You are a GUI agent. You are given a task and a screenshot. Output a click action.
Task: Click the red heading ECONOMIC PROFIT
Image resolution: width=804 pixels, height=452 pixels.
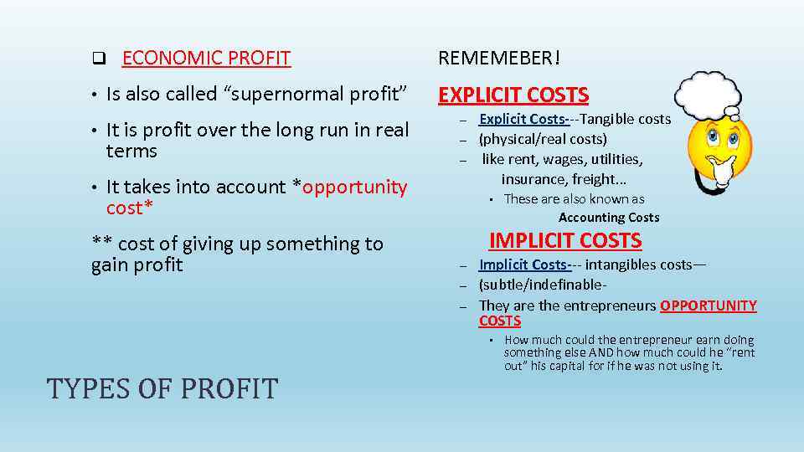(206, 59)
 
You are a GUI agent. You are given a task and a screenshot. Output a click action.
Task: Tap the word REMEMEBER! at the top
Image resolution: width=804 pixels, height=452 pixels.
(500, 59)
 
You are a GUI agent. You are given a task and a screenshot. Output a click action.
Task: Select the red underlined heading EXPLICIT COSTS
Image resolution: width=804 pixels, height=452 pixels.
(513, 95)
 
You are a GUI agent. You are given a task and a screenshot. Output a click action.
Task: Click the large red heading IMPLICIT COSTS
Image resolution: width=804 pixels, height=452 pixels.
(565, 241)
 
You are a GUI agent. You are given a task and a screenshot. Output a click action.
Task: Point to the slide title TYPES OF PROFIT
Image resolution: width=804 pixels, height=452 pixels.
(162, 388)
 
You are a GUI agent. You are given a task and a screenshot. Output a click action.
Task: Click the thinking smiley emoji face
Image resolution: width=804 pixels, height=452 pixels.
(718, 153)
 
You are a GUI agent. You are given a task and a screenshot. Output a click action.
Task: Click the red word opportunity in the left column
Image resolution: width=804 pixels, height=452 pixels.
(354, 187)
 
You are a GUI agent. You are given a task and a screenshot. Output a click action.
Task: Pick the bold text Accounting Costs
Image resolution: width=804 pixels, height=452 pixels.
(609, 218)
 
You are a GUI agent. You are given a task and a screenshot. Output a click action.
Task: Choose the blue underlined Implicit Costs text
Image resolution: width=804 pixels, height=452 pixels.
(524, 265)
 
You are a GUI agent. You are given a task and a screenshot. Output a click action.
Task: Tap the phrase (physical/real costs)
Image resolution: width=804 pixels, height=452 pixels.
(543, 139)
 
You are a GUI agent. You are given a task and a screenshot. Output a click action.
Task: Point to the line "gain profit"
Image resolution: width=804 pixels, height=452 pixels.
(137, 265)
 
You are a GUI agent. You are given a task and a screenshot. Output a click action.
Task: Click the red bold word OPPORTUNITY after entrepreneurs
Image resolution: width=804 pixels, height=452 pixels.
(709, 306)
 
